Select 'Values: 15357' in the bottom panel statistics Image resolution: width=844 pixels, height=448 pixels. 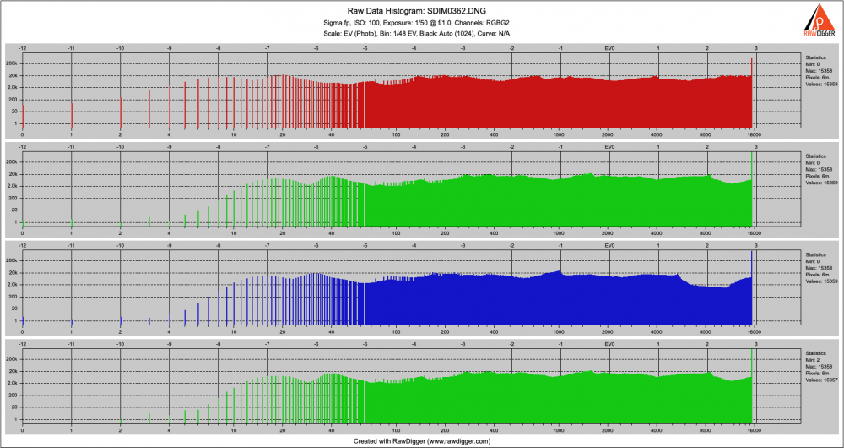pyautogui.click(x=820, y=380)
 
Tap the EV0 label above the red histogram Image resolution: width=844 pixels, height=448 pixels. pyautogui.click(x=609, y=48)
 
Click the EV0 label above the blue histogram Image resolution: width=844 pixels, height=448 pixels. pyautogui.click(x=609, y=246)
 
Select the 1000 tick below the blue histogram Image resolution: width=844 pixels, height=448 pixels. pyautogui.click(x=559, y=332)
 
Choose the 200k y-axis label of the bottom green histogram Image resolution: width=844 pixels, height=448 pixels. pyautogui.click(x=12, y=359)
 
